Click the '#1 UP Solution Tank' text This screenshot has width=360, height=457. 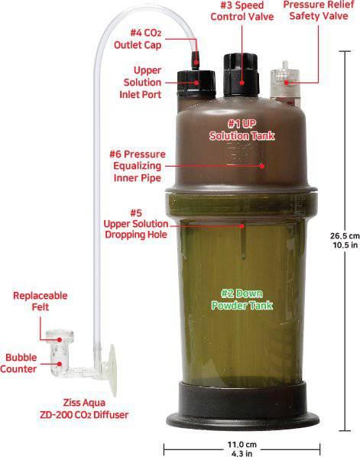tap(243, 128)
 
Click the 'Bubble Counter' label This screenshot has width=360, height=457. tap(21, 362)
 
